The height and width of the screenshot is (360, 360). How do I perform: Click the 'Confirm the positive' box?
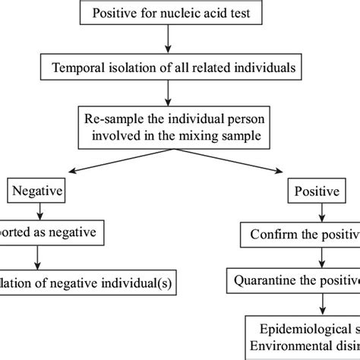300,232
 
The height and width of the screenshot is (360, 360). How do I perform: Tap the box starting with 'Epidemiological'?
304,337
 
